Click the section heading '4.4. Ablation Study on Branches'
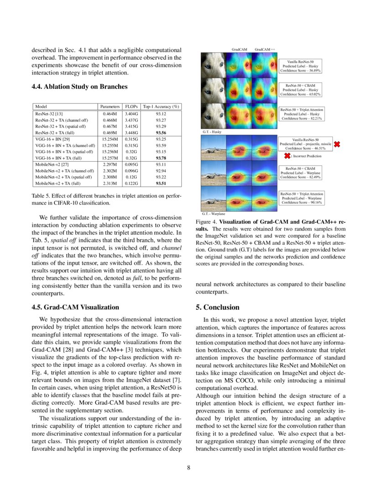79,87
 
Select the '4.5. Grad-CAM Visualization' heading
75,307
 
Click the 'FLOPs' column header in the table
131,106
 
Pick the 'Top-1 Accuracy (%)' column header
161,106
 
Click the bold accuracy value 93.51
161,183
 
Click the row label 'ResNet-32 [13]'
49,113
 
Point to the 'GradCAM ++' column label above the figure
265,49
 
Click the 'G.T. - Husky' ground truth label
212,132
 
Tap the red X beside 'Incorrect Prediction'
287,156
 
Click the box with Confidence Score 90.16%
302,198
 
